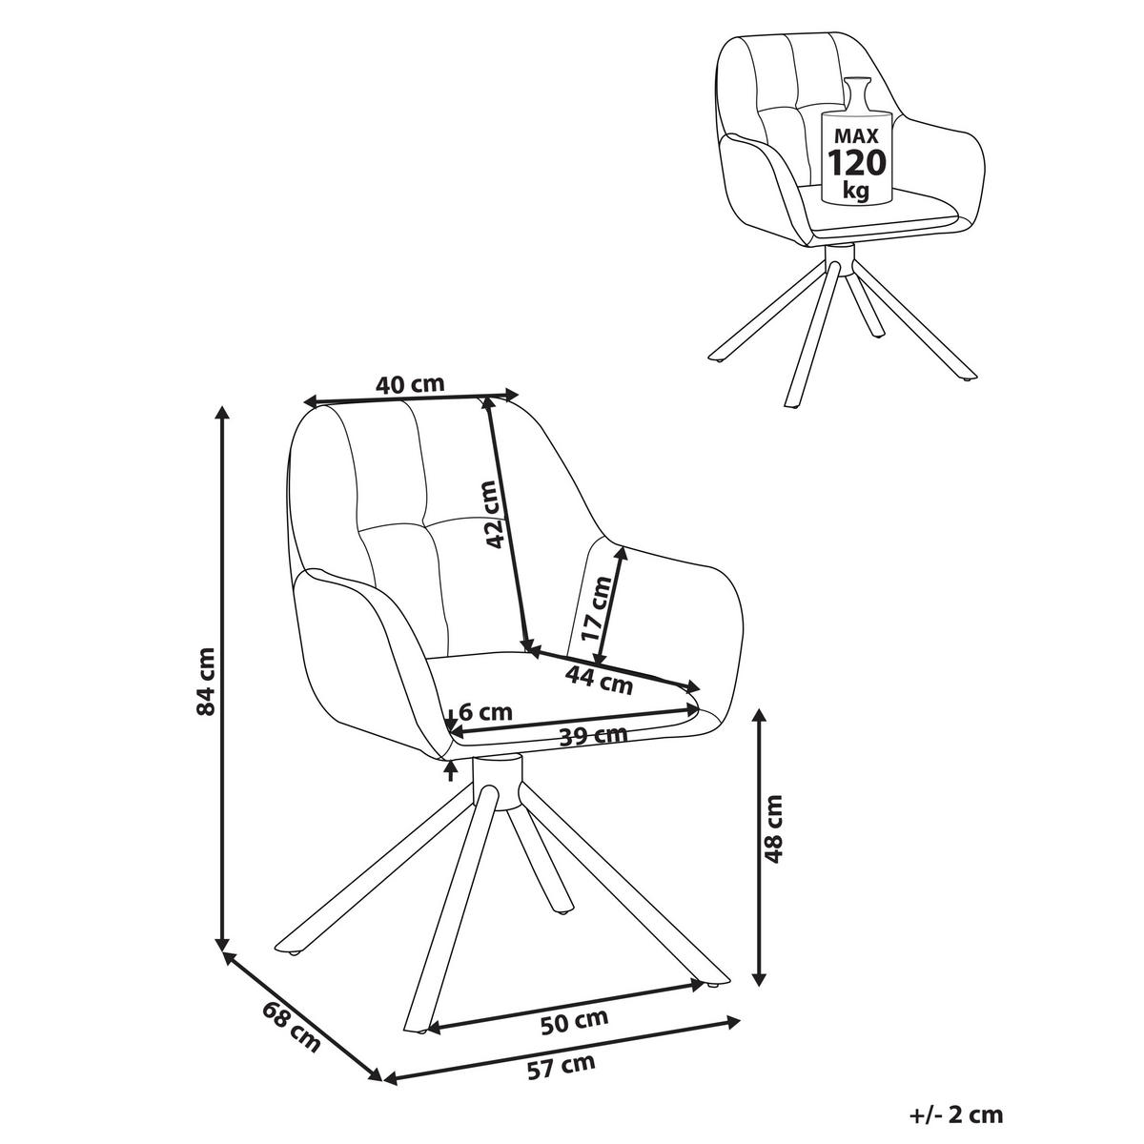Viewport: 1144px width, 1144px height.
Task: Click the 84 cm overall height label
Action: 205,683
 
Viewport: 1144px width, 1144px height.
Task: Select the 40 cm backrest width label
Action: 410,385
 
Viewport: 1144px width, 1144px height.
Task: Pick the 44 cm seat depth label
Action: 599,682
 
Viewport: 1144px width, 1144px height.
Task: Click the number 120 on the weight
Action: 856,162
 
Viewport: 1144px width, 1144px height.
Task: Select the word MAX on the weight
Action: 856,136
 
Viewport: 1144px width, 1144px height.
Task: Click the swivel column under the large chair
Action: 498,782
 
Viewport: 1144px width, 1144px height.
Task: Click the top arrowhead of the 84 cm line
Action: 222,413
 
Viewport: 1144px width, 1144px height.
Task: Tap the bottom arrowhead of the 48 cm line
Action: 759,980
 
